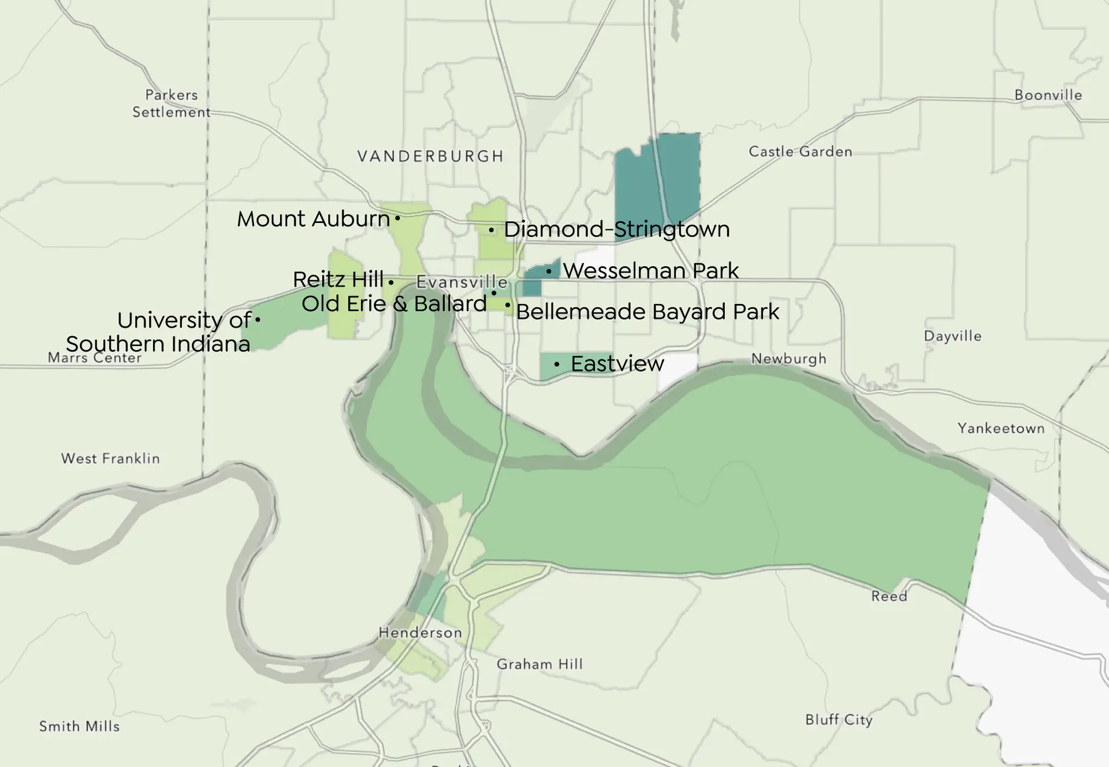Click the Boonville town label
pyautogui.click(x=1048, y=95)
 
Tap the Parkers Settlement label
pyautogui.click(x=172, y=103)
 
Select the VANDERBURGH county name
pyautogui.click(x=430, y=157)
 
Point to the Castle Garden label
pyautogui.click(x=800, y=152)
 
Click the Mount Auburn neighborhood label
pyautogui.click(x=314, y=219)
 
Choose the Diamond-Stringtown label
pyautogui.click(x=616, y=229)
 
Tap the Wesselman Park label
pyautogui.click(x=650, y=270)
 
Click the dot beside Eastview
pyautogui.click(x=556, y=364)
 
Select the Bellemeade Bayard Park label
pyautogui.click(x=647, y=312)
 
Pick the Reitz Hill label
pyautogui.click(x=338, y=280)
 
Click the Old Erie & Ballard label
pyautogui.click(x=394, y=304)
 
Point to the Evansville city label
pyautogui.click(x=462, y=282)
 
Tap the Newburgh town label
pyautogui.click(x=788, y=359)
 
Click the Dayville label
pyautogui.click(x=952, y=336)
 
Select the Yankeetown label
pyautogui.click(x=1001, y=429)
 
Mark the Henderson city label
pyautogui.click(x=420, y=633)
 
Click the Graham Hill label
pyautogui.click(x=539, y=664)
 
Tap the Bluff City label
pyautogui.click(x=839, y=720)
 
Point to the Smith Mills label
pyautogui.click(x=79, y=727)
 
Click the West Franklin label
pyautogui.click(x=110, y=459)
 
